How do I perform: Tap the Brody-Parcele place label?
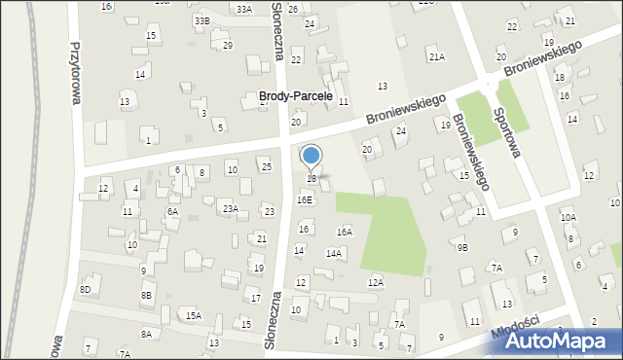point(296,97)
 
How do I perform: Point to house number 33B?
point(202,20)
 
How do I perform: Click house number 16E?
point(305,199)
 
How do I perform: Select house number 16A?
point(344,232)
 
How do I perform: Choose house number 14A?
point(333,253)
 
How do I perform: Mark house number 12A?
point(375,282)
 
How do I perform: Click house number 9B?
point(462,247)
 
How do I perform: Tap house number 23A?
point(230,208)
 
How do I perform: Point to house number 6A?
point(172,211)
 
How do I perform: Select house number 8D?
point(86,289)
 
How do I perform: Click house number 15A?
point(194,315)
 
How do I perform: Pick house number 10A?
point(568,218)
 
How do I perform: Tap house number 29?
point(228,46)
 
